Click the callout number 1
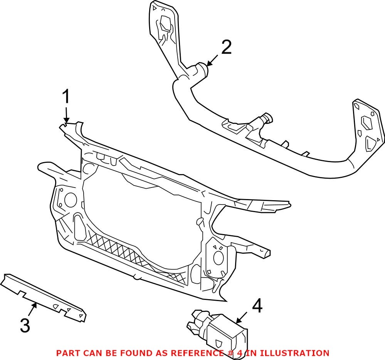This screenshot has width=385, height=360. coord(66,97)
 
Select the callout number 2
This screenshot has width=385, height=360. coord(226,48)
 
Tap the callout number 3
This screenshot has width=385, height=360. coord(25,326)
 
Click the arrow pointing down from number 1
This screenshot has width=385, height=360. coord(66,116)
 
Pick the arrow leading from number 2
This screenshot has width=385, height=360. coord(212,60)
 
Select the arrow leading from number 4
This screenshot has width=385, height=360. coord(242,317)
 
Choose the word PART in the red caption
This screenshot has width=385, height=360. coord(66,353)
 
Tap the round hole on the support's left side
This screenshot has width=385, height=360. coord(71,199)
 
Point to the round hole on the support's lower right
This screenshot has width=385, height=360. coord(219,258)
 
